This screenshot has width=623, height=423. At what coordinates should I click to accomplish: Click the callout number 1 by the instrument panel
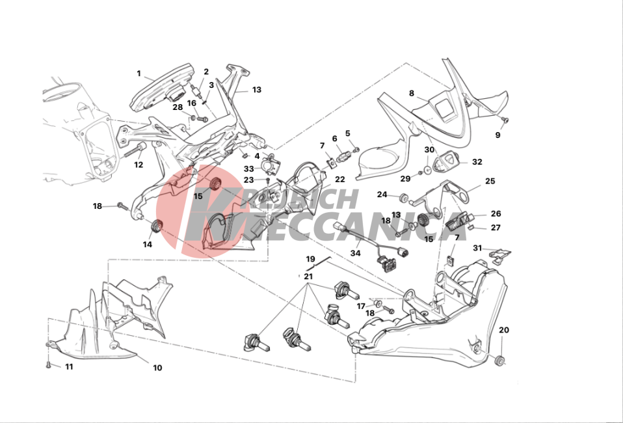point(139,74)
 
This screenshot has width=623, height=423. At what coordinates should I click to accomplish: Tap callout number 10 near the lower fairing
point(157,368)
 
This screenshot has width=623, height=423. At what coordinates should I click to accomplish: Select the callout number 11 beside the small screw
point(69,366)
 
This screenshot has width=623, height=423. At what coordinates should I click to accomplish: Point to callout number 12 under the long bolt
point(139,165)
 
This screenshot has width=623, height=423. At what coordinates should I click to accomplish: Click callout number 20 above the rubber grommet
point(503,330)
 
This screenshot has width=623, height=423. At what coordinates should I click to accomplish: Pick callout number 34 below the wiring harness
point(355,253)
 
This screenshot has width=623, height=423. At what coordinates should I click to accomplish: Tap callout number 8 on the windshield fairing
point(411,93)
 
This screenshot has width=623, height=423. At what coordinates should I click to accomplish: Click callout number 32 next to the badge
point(477,162)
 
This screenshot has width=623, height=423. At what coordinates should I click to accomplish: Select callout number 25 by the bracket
point(490,181)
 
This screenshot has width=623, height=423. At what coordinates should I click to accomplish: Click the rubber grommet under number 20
point(500,361)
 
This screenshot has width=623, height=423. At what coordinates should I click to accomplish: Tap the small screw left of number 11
point(49,364)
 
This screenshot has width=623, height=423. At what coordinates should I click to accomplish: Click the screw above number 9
point(505,119)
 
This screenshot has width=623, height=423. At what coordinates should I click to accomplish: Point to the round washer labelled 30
point(427,170)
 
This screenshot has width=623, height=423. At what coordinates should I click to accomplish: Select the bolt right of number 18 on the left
point(122,206)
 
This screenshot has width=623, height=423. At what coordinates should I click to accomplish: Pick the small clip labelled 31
point(499,255)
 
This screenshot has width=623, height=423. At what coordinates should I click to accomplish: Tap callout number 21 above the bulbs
point(308,277)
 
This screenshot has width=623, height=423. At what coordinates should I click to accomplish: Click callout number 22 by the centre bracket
point(339,180)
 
